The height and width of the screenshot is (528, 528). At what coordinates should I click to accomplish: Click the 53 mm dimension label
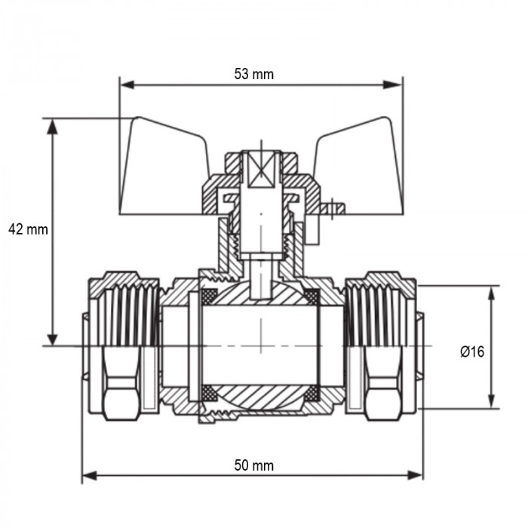[x=254, y=74]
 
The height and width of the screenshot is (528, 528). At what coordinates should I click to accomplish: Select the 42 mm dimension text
[x=28, y=229]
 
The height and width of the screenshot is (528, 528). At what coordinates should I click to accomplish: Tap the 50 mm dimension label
[x=254, y=465]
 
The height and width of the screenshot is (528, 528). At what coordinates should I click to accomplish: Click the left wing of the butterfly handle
[x=163, y=166]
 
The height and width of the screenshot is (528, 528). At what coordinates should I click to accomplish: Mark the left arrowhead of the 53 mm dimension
[x=127, y=84]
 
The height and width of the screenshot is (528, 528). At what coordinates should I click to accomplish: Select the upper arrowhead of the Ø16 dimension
[x=492, y=293]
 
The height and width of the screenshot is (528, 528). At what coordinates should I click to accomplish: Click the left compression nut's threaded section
[x=125, y=309]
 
